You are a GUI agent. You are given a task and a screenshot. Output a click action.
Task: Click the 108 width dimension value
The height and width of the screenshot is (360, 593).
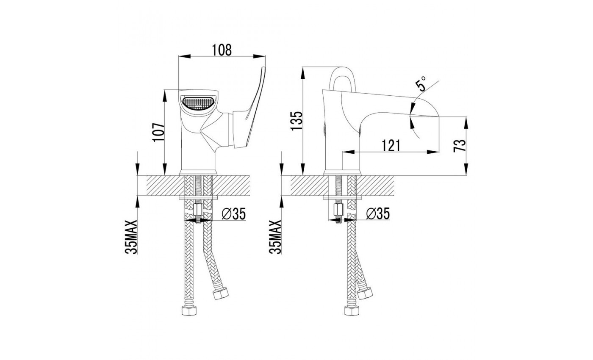point(222,50)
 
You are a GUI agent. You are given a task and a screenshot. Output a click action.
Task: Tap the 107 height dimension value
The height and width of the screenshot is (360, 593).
point(158,132)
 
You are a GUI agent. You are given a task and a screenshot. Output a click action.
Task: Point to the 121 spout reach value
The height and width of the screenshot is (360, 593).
point(391,145)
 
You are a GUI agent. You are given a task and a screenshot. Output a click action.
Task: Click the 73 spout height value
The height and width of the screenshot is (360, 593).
point(460,145)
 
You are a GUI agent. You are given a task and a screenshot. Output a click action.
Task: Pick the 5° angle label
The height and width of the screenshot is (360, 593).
point(421,84)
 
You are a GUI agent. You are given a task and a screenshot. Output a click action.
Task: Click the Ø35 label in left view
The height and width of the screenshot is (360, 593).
point(233,213)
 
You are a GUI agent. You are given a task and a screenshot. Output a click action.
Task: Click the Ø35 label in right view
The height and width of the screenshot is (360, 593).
point(378,213)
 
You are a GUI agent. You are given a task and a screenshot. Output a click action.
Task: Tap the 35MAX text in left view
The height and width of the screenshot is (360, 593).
point(131,237)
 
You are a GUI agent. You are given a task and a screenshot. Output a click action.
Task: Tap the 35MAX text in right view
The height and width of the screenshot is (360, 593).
point(275,237)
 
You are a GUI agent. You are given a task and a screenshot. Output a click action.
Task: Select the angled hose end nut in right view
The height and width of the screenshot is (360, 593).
point(365,293)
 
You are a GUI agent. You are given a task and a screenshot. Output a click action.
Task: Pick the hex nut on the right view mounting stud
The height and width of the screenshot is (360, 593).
point(338,210)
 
